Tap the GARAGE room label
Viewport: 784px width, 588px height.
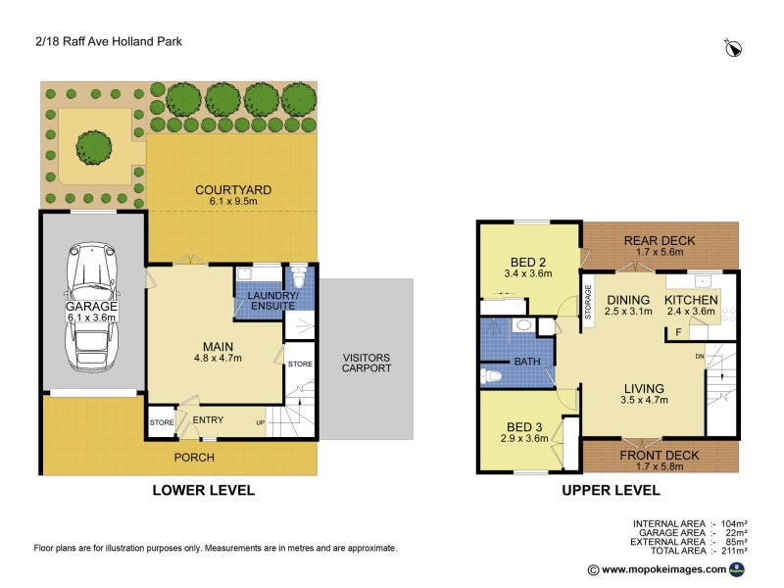91,312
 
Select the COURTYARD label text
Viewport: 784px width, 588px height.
232,189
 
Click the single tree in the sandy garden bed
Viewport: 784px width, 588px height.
93,147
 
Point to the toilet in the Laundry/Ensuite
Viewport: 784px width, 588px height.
300,279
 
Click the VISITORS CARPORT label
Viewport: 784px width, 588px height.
367,362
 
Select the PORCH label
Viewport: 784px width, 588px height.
194,458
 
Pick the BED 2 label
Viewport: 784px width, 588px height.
528,262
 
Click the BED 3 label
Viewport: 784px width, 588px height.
523,426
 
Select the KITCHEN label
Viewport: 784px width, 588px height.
692,300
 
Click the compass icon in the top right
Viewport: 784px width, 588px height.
732,46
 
